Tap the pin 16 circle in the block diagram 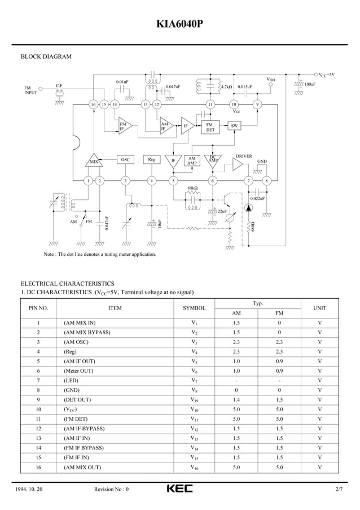coord(93,104)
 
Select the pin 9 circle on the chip coord(257,104)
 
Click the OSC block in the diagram coord(125,160)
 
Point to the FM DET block coord(209,127)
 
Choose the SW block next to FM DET coord(234,125)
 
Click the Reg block coord(151,160)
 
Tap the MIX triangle coord(94,160)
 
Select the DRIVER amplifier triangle coord(238,164)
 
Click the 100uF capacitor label coord(310,84)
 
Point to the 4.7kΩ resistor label coord(226,87)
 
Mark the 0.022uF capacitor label coord(257,199)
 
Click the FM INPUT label coord(30,90)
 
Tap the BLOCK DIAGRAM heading coord(46,56)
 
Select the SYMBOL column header coord(194,308)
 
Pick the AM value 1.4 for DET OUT coord(236,400)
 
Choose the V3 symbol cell coord(194,342)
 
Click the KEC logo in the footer coord(179,489)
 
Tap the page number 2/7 coord(338,489)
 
